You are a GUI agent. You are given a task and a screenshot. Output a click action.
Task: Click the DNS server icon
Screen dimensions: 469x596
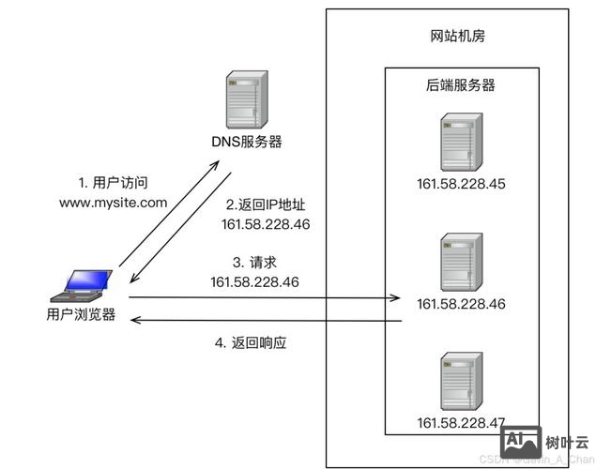tap(246, 101)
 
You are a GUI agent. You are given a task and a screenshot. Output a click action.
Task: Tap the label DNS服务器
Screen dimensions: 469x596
tap(246, 142)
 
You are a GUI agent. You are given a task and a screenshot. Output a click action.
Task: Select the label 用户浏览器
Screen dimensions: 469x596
tap(82, 314)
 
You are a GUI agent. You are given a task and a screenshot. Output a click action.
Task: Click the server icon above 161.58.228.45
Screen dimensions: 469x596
tap(461, 143)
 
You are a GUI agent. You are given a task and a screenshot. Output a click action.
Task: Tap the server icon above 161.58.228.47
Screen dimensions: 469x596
tap(461, 378)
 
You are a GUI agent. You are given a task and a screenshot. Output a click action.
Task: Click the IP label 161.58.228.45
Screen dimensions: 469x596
tap(461, 183)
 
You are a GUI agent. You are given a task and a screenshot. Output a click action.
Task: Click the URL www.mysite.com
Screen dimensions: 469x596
tap(113, 202)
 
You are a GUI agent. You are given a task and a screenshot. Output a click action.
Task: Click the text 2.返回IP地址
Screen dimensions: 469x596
tap(266, 204)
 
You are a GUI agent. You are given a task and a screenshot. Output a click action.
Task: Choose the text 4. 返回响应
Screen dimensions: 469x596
tap(250, 343)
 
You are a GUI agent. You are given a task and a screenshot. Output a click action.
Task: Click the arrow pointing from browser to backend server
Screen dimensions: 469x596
tap(263, 299)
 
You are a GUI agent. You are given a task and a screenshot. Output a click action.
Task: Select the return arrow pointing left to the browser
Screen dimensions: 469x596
tap(263, 321)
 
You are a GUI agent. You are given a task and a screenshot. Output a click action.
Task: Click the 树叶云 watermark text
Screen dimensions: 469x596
tap(568, 442)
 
